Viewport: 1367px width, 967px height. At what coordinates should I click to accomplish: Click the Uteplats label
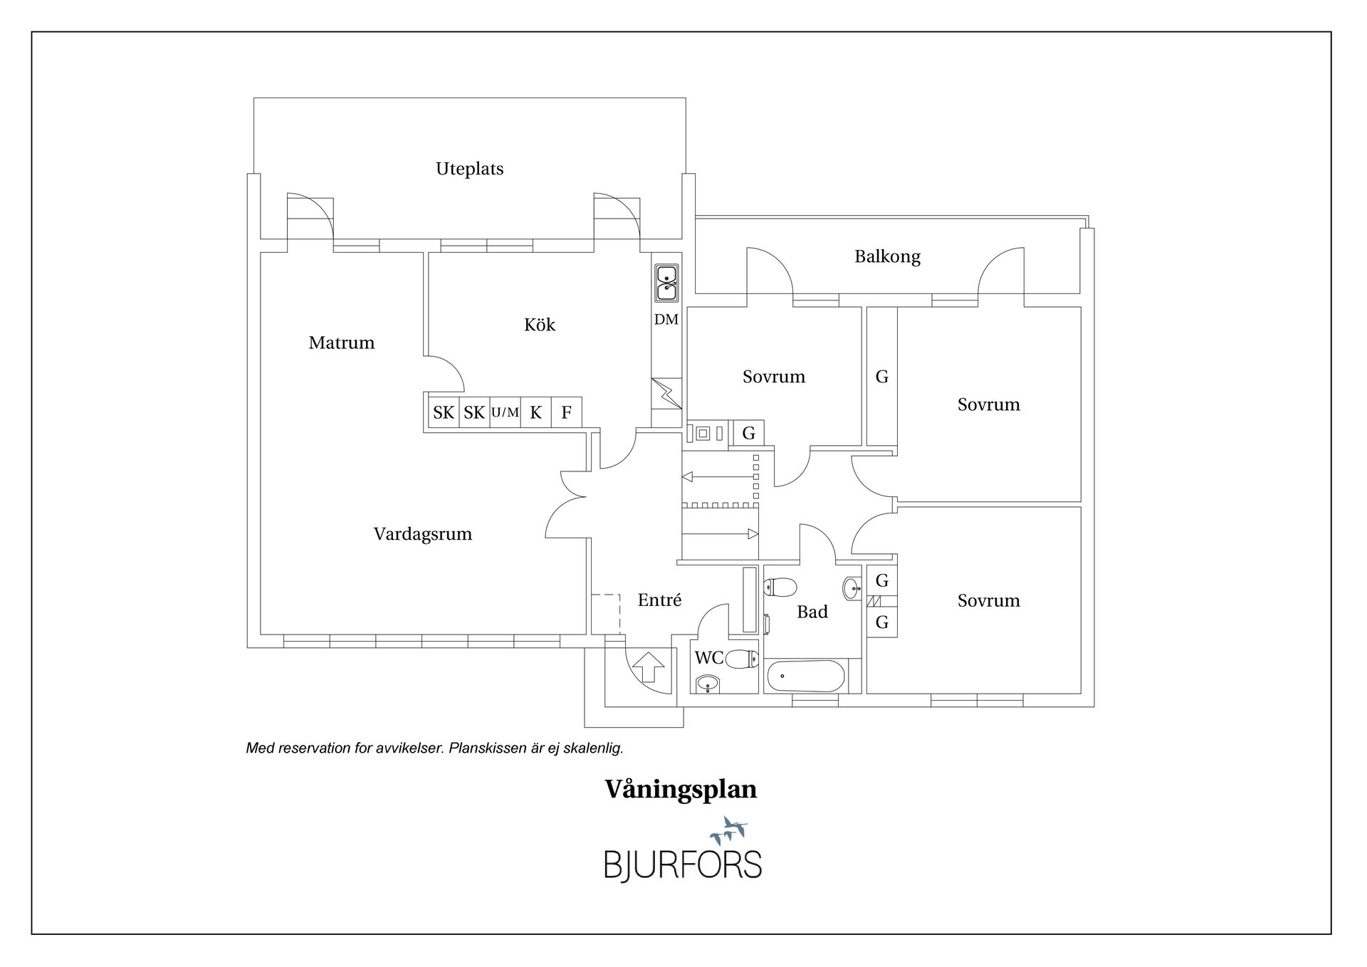tap(469, 169)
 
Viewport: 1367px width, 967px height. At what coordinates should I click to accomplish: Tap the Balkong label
tap(887, 256)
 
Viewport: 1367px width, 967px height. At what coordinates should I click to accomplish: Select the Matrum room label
tap(341, 343)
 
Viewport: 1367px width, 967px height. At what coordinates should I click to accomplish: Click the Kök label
tap(539, 325)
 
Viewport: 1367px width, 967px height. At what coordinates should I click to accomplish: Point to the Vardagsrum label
tap(422, 534)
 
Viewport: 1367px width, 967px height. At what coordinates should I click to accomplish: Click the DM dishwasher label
tap(666, 320)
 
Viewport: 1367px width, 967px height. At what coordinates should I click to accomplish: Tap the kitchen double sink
tap(666, 283)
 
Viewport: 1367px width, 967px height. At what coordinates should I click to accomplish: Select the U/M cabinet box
tap(505, 412)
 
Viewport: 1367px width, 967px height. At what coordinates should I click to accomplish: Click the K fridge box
tap(535, 412)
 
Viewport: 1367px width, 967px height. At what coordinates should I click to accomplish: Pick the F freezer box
tap(566, 412)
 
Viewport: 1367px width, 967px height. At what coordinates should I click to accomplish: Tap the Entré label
tap(659, 600)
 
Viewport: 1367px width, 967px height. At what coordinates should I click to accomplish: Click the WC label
tap(708, 658)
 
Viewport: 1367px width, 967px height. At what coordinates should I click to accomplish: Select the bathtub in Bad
tap(806, 676)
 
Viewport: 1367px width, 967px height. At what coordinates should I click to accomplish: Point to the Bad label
tap(812, 612)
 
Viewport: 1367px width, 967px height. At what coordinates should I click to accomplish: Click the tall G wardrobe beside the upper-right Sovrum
tap(881, 377)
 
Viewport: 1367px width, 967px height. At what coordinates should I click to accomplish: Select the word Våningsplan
tap(681, 789)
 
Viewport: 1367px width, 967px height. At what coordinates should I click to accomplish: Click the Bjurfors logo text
tap(683, 864)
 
